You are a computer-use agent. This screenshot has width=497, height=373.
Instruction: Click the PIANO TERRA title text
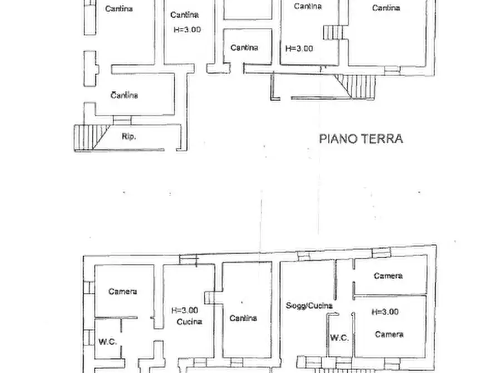click(x=361, y=139)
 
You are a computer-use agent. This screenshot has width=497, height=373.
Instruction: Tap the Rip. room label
click(x=129, y=136)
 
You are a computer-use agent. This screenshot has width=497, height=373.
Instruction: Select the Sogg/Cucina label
click(x=309, y=306)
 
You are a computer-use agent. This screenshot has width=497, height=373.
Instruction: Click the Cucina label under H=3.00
click(x=189, y=322)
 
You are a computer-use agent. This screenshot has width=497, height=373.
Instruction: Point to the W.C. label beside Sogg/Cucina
click(x=339, y=338)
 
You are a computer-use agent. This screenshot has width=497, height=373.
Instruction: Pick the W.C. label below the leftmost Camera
click(x=108, y=341)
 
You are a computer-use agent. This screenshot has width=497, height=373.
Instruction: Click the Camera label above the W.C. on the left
click(x=122, y=291)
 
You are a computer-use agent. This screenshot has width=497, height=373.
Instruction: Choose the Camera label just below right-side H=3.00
click(x=388, y=334)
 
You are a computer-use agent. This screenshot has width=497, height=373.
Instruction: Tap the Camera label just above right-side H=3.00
click(x=388, y=276)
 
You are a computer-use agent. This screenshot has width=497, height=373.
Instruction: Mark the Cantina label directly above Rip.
click(x=124, y=95)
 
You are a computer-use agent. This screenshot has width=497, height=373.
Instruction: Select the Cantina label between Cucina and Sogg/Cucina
click(x=243, y=318)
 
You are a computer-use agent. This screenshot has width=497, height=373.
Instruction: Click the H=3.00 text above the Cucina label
click(x=185, y=311)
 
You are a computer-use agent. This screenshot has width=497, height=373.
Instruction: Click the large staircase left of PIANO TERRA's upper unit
click(x=356, y=86)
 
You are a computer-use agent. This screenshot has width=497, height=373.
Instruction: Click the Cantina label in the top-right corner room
click(x=386, y=8)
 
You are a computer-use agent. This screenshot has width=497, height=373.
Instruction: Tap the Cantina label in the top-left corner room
click(x=119, y=8)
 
